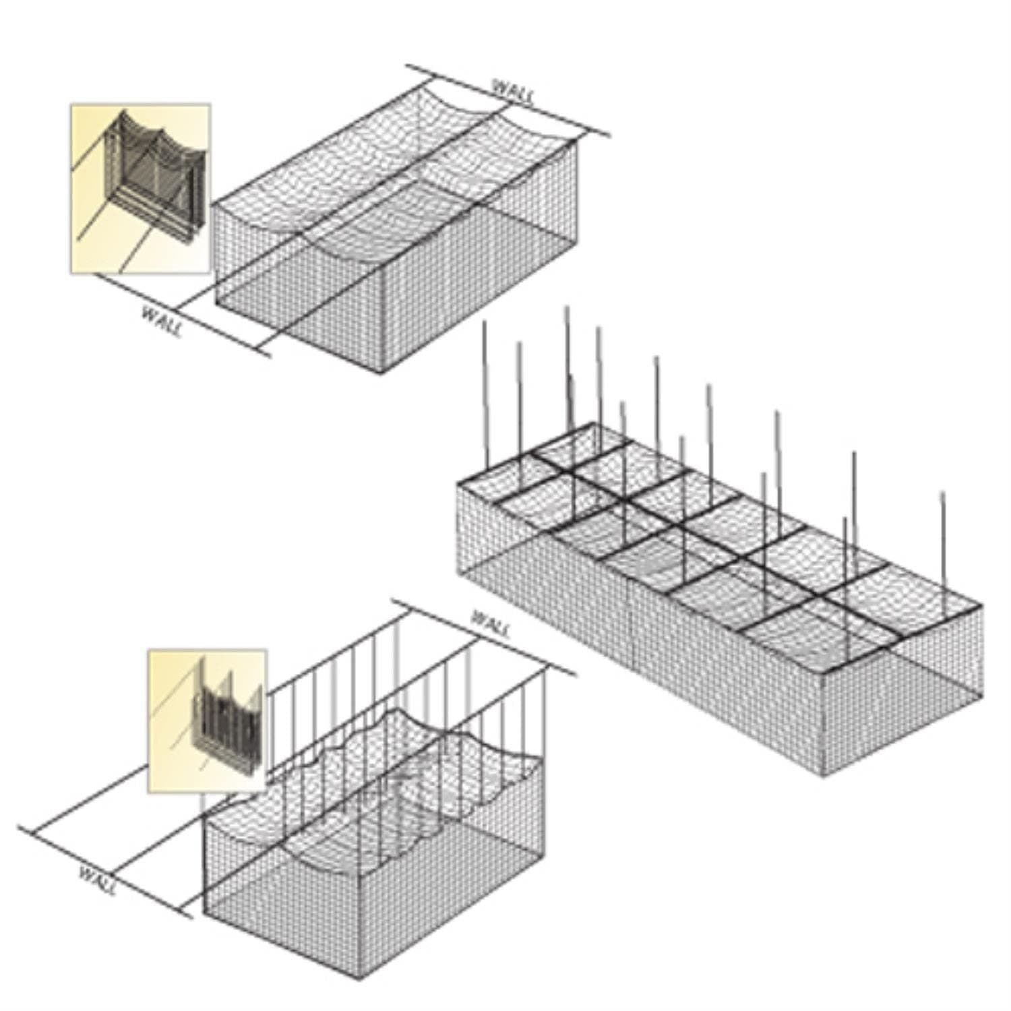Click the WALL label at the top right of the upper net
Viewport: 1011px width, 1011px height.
click(514, 92)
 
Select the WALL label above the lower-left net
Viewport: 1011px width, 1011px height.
click(491, 625)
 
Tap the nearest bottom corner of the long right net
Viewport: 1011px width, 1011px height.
click(824, 776)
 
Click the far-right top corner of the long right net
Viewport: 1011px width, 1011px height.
click(982, 605)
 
